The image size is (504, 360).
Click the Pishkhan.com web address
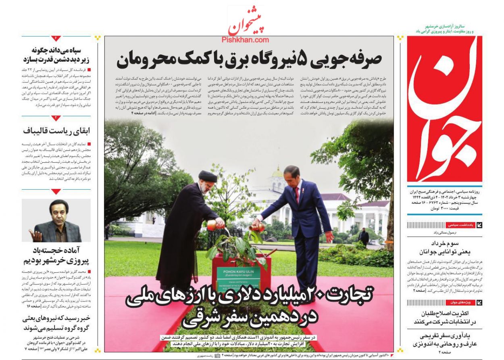(245, 40)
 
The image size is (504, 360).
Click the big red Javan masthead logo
(444, 109)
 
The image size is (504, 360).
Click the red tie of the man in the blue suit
(297, 195)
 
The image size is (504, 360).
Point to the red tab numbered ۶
(56, 38)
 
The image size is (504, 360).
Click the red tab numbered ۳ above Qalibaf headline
(56, 118)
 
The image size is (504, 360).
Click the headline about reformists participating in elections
(445, 317)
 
